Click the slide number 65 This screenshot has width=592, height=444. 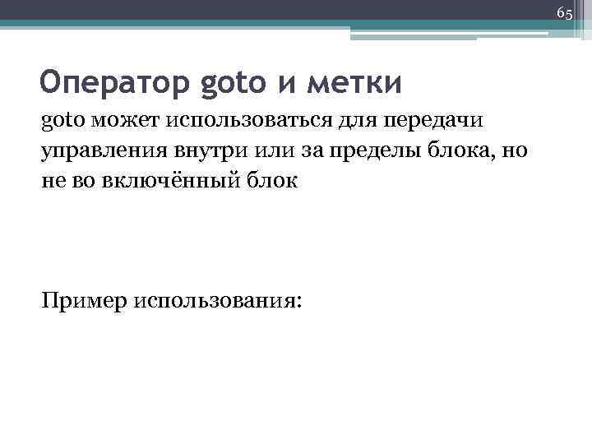tap(564, 13)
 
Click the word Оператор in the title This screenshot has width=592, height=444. tap(114, 83)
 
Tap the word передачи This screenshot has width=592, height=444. tap(433, 123)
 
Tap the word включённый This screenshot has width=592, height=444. tap(167, 182)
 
